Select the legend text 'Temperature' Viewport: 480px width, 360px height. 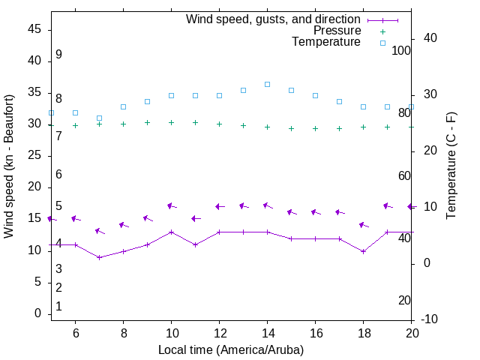(x=326, y=42)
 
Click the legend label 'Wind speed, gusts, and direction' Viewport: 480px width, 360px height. (x=274, y=19)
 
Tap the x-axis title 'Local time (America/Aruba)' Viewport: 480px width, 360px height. (x=231, y=349)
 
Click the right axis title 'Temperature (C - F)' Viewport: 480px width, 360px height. (x=451, y=166)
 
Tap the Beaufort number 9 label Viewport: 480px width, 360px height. (x=58, y=55)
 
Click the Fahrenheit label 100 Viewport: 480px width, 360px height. (x=402, y=50)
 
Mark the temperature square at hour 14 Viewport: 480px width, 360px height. (x=268, y=84)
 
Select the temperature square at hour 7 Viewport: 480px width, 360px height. (x=99, y=118)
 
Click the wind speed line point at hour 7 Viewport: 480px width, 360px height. (x=99, y=257)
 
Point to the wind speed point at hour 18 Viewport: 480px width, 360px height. (x=364, y=251)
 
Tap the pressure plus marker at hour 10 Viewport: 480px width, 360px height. (x=172, y=122)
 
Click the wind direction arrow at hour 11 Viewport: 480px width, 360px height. (x=196, y=218)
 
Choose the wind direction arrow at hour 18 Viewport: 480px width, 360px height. (x=364, y=225)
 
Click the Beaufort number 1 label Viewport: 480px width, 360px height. (x=58, y=307)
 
